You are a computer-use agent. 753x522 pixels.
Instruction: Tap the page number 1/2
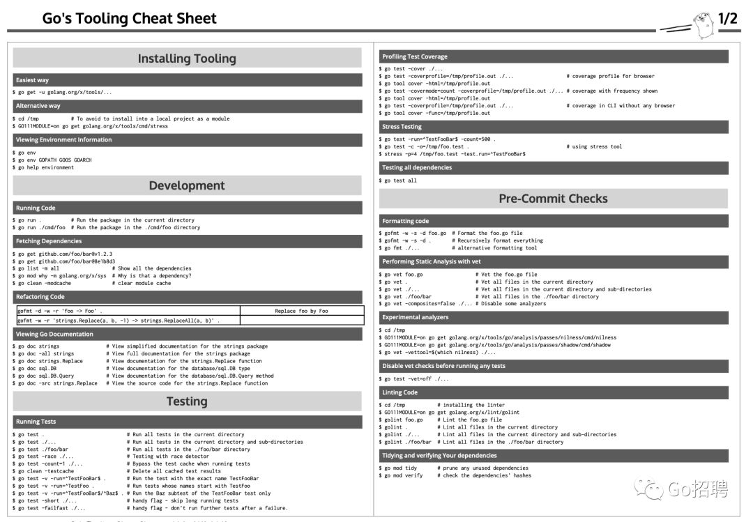point(727,19)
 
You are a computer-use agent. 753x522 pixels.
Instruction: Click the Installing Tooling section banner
point(187,58)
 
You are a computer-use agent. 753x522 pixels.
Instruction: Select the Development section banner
point(187,185)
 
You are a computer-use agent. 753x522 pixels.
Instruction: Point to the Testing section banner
point(187,401)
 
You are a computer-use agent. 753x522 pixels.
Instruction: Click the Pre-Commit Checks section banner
point(553,199)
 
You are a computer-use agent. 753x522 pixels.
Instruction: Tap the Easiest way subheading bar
point(187,80)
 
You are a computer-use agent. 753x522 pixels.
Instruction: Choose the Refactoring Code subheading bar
point(187,297)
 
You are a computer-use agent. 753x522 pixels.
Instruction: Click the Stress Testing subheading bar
point(553,127)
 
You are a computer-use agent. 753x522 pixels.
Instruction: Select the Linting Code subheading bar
point(553,392)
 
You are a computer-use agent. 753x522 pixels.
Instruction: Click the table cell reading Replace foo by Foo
point(301,311)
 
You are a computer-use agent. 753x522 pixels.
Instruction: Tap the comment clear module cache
point(144,284)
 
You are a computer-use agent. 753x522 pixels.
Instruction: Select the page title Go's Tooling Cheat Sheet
point(130,19)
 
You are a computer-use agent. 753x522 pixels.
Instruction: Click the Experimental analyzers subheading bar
point(553,317)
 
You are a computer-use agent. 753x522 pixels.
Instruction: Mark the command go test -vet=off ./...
point(414,378)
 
